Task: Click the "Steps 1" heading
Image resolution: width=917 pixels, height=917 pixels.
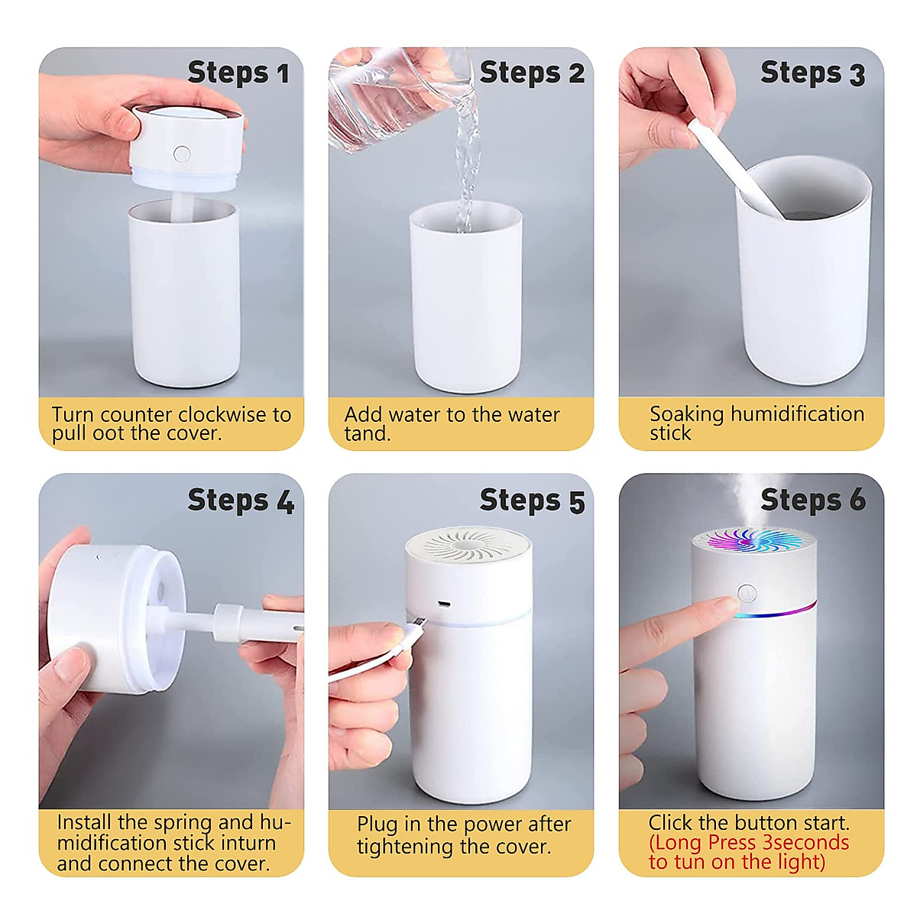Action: [238, 73]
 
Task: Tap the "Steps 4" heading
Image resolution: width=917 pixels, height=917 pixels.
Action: [240, 500]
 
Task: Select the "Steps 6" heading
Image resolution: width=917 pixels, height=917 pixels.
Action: [812, 500]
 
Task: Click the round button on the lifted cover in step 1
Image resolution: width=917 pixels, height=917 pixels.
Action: [181, 154]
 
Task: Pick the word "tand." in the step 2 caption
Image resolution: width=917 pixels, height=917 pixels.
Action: [368, 434]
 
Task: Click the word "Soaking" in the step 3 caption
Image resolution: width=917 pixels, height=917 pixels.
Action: [686, 414]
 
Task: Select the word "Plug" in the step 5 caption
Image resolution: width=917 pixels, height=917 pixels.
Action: [377, 825]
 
